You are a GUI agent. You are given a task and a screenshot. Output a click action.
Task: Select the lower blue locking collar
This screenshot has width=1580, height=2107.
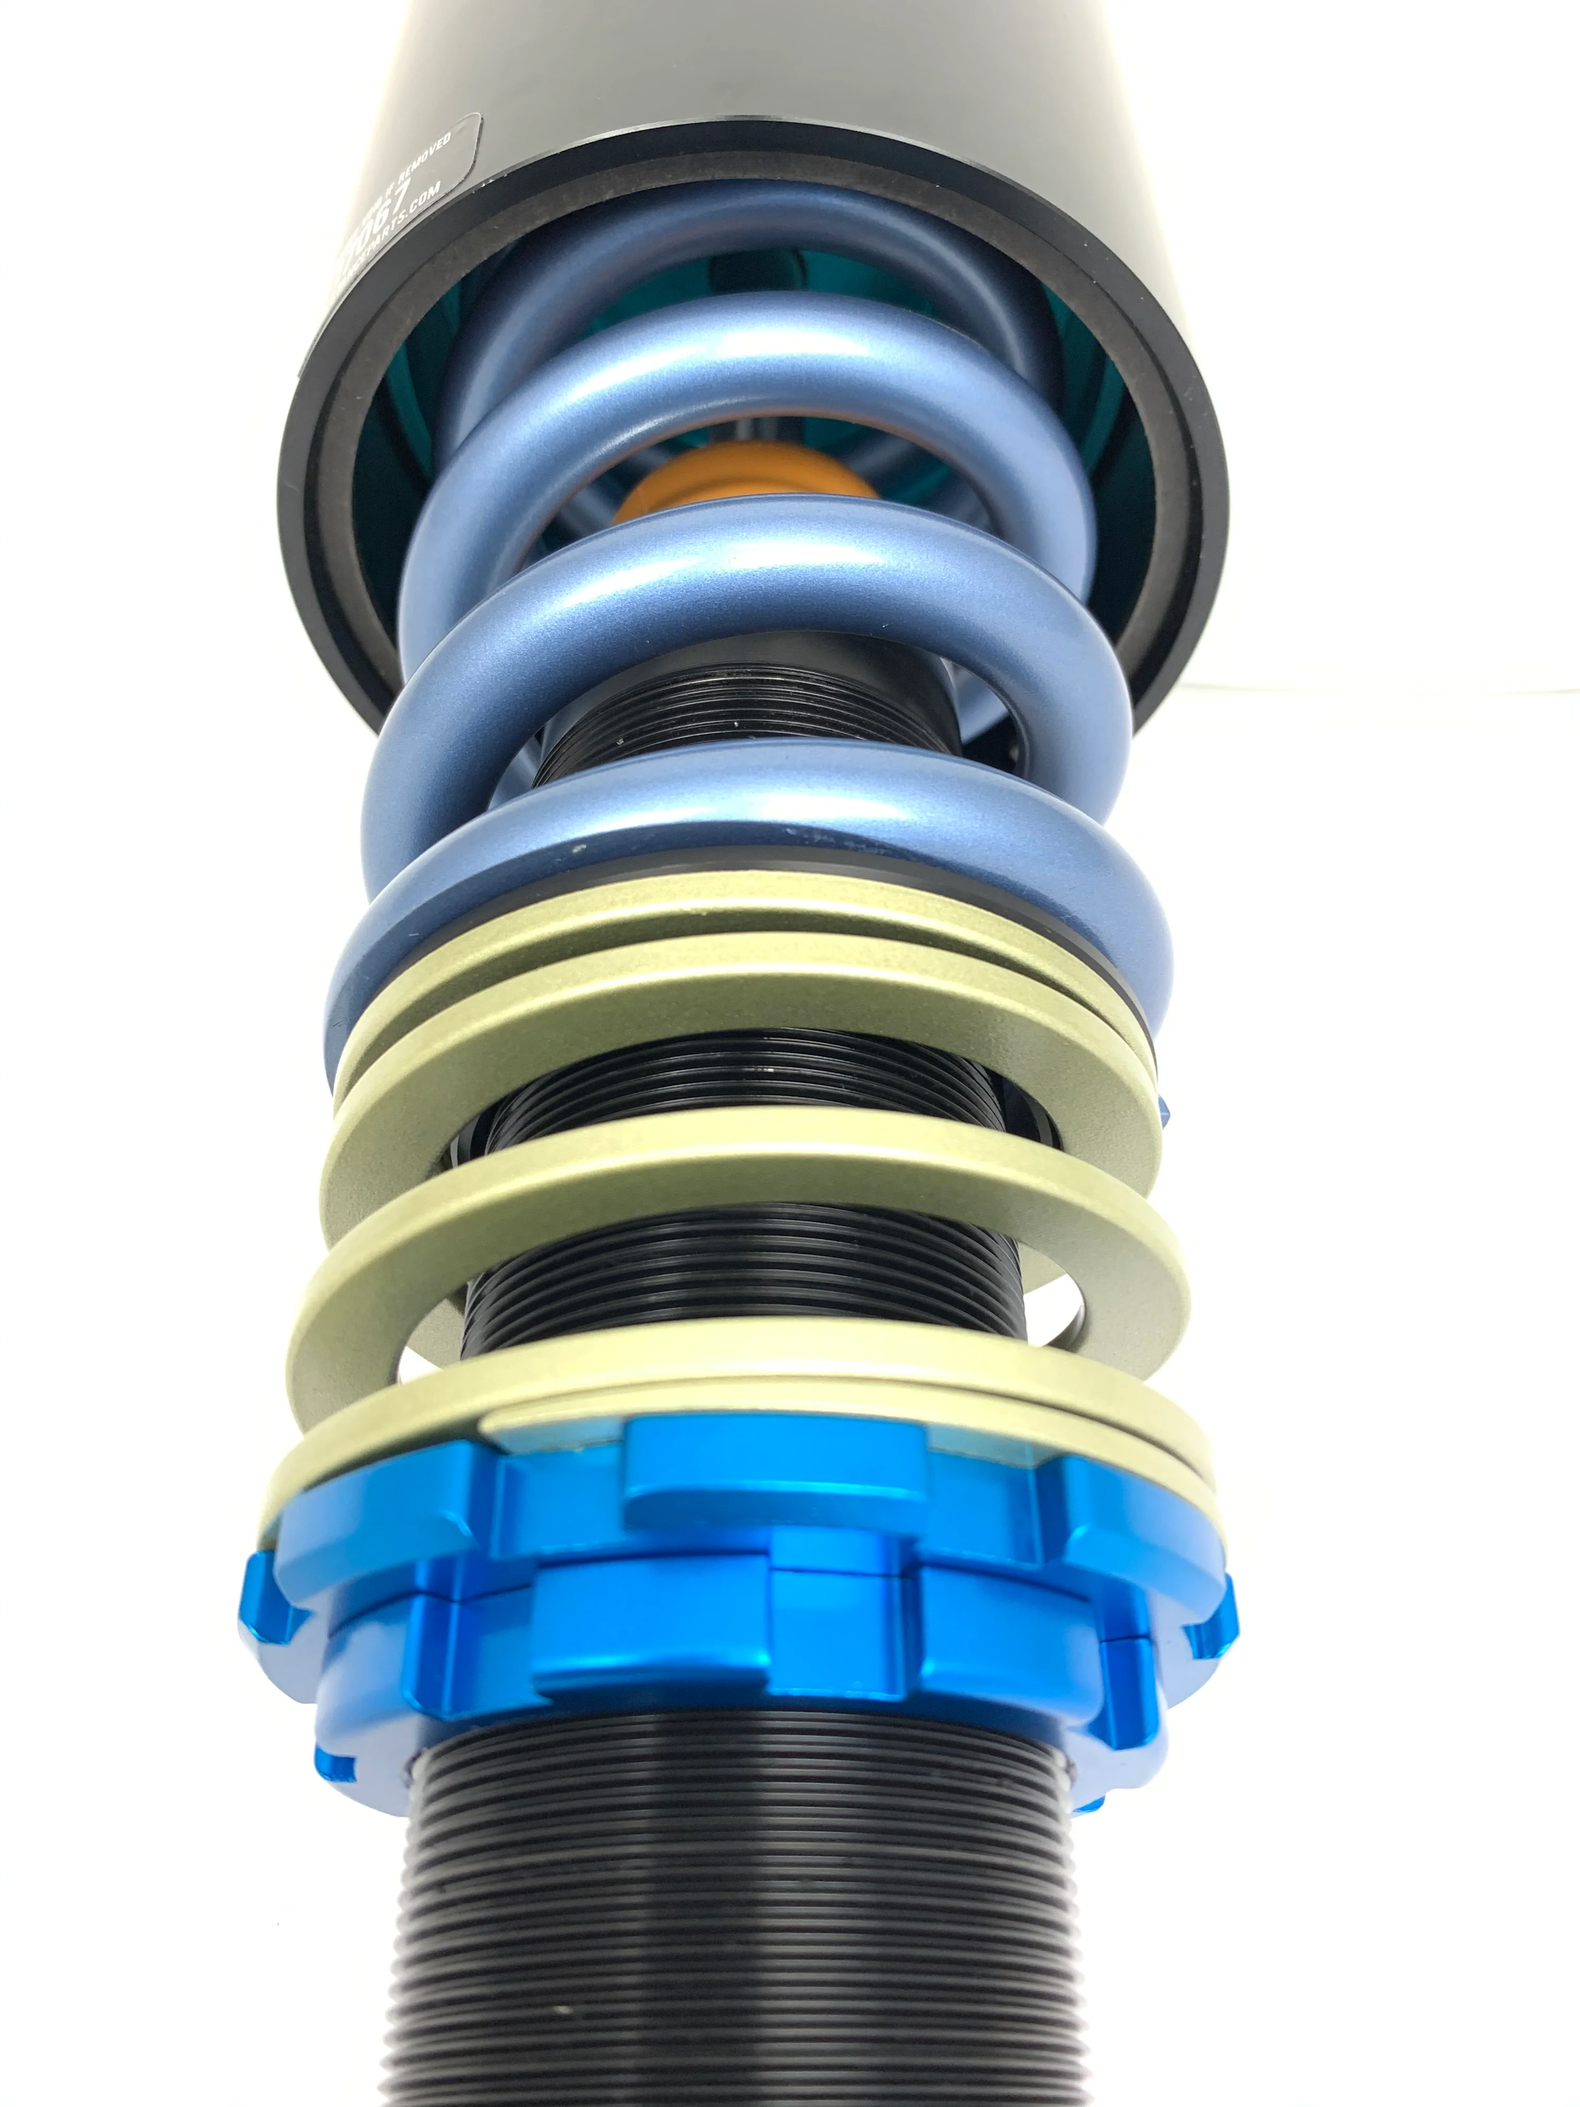click(667, 1648)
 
